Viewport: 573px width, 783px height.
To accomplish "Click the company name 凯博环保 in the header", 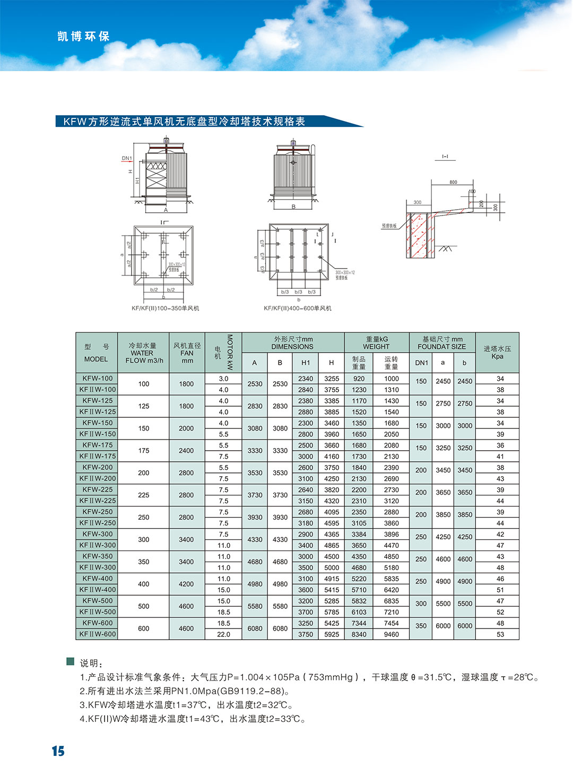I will [x=83, y=37].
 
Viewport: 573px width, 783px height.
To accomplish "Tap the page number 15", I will [x=58, y=751].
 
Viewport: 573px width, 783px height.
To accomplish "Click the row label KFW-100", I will [x=98, y=378].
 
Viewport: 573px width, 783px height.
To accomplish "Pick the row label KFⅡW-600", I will [x=98, y=634].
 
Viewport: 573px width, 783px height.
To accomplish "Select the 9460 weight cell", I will [x=392, y=634].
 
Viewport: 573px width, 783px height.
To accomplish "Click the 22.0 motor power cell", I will [x=224, y=634].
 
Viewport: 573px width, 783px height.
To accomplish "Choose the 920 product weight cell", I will [x=359, y=378].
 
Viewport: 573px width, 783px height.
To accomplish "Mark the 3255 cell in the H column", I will [x=332, y=378].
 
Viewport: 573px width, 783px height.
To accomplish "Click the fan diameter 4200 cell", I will [x=186, y=584].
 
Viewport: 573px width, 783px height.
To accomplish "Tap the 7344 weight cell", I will [x=359, y=623].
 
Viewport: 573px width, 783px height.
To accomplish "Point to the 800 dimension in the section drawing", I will [x=453, y=182].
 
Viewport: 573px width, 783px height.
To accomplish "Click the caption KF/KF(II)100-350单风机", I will [x=166, y=308].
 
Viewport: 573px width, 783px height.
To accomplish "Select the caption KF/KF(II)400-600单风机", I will [x=298, y=308].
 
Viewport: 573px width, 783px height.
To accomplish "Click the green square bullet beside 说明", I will [x=70, y=661].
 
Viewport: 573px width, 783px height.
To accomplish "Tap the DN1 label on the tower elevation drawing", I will [x=127, y=158].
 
